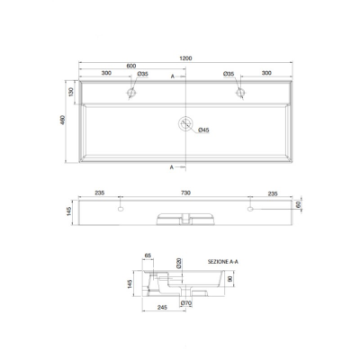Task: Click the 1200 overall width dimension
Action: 185,58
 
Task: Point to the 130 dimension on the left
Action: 70,92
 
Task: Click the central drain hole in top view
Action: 185,124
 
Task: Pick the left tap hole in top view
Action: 131,92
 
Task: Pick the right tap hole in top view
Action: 240,92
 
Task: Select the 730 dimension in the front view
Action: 185,192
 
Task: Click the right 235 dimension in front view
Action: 272,192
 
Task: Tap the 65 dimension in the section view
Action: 148,256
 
